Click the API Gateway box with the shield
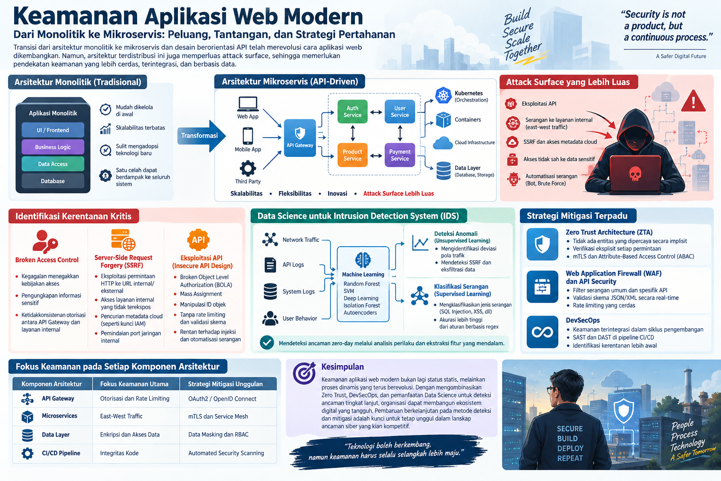pos(299,138)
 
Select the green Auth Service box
pos(353,111)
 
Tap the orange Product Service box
pos(353,155)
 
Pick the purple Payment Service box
pos(400,155)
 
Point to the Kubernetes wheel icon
pos(443,95)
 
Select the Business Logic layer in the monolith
pos(53,147)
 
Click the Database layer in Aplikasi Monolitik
pos(53,181)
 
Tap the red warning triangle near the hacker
pos(693,101)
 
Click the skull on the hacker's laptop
pos(635,174)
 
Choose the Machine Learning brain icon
pos(363,260)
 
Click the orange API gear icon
pos(198,240)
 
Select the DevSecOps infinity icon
pos(542,332)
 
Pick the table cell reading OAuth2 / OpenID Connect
pos(222,398)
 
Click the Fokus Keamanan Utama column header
pos(134,384)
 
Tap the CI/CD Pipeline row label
pos(61,453)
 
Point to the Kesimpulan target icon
pos(304,373)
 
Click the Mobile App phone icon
pos(247,136)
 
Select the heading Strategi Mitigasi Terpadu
pos(577,216)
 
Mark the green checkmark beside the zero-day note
pos(267,343)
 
